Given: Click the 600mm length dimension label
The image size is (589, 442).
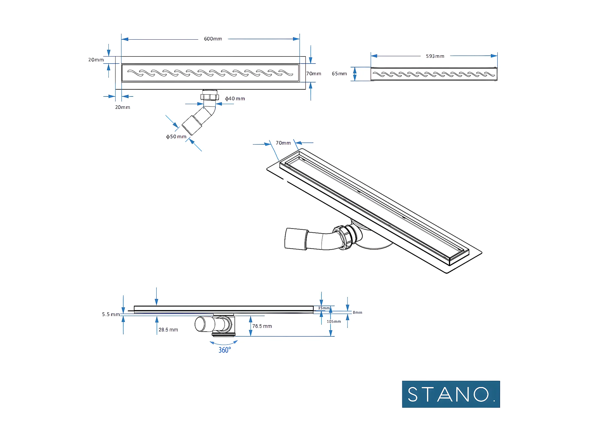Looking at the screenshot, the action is pos(213,39).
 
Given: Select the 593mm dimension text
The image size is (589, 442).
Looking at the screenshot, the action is pos(435,56).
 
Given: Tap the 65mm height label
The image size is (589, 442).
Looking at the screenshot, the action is pos(339,74).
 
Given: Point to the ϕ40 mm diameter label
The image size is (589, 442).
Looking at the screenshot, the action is pos(235,99).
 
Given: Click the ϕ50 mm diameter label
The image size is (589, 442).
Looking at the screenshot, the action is pos(176,136).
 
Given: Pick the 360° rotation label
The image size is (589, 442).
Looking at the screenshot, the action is pos(225,350).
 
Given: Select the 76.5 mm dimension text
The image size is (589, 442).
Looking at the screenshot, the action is pos(262,326).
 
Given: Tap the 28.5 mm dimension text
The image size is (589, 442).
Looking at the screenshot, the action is pos(168,330).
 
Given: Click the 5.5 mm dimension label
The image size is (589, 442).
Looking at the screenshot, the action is pos(111,314).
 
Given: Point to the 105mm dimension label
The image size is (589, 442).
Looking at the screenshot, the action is pos(334,321).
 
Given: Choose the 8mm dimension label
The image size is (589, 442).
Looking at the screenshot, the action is pos(357,312).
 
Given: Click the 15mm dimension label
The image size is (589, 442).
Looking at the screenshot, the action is pos(324,308).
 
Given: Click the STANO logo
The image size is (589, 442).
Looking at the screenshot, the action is pos(451,394).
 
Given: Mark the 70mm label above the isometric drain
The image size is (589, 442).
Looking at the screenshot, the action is pos(283,143).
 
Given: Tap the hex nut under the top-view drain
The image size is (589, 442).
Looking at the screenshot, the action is pos(210,97).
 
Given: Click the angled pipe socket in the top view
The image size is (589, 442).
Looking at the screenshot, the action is pos(192,125).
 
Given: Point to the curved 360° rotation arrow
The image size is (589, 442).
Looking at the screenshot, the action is pos(223,343).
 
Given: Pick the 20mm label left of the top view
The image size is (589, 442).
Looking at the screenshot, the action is pos(96,60).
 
